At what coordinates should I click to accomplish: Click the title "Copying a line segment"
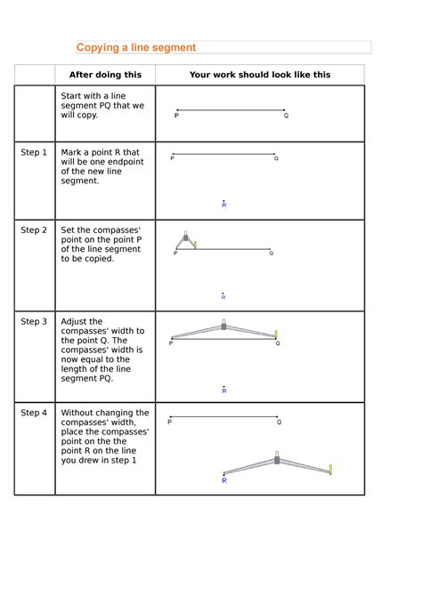135,47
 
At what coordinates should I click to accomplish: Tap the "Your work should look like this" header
259,76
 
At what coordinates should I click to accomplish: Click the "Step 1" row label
34,153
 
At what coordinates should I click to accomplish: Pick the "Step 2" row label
34,230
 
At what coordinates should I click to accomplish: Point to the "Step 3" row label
34,322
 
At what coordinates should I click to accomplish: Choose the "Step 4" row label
34,414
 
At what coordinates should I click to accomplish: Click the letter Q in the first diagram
286,116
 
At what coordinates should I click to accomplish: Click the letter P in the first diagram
176,116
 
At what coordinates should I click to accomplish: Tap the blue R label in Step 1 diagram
224,205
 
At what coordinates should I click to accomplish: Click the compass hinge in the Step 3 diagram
223,326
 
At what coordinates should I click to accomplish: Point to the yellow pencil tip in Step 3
276,334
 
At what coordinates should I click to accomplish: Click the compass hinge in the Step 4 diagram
277,460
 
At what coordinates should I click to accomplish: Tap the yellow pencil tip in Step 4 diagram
330,469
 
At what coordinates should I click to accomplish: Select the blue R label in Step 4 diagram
223,480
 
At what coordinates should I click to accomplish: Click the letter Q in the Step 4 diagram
279,423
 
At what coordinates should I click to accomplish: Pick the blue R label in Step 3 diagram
224,390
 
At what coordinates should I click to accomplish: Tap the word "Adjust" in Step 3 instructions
75,322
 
